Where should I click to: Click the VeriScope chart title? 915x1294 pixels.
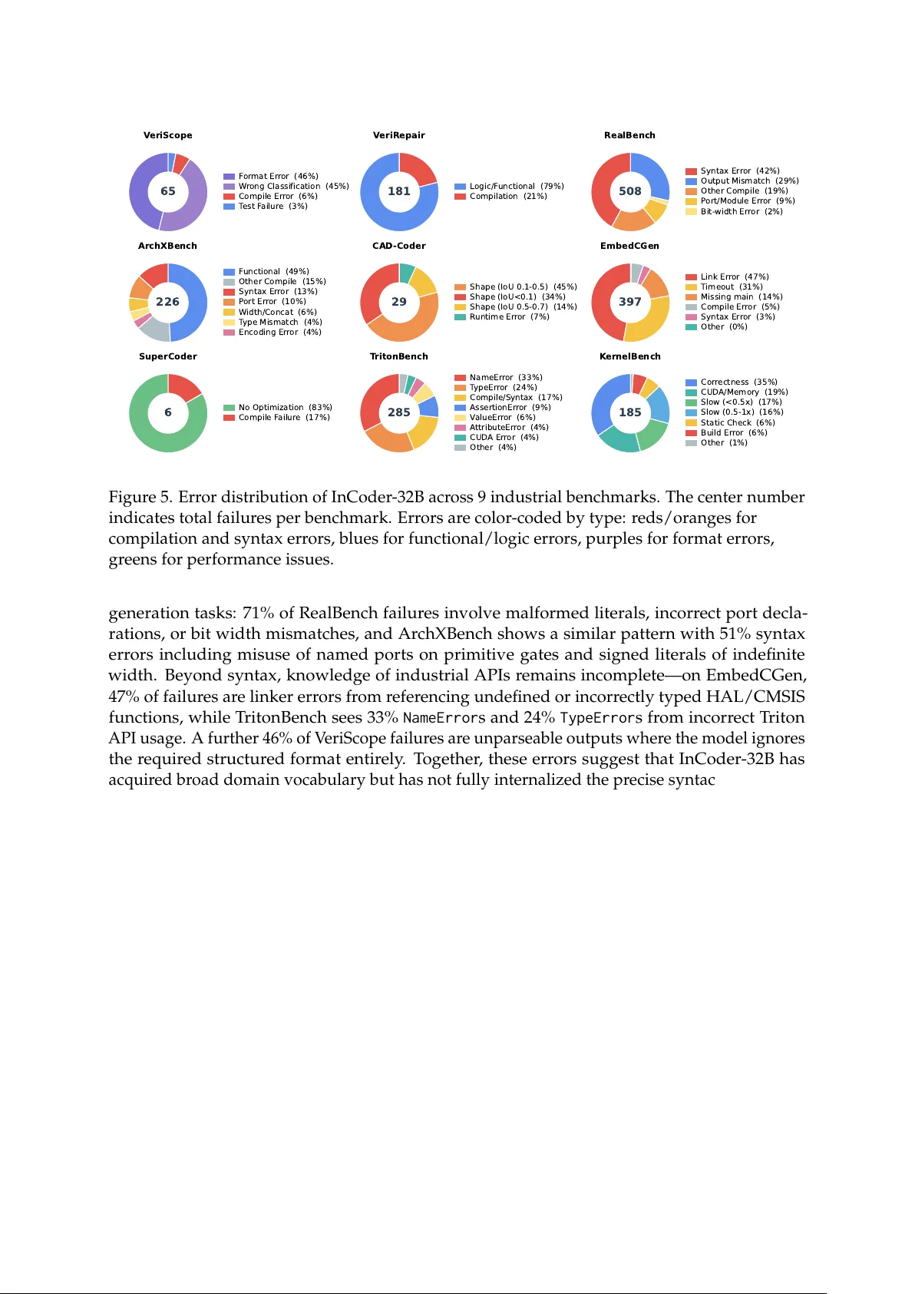[x=167, y=135]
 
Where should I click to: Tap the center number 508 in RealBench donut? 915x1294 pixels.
[x=629, y=191]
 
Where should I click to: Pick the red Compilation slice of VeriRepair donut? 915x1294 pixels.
[x=421, y=167]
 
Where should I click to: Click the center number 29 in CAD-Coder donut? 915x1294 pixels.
[x=398, y=302]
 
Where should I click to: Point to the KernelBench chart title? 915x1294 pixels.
[x=629, y=356]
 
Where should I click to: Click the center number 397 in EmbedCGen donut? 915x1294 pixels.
[x=629, y=302]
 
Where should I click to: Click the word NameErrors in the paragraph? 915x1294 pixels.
[x=444, y=718]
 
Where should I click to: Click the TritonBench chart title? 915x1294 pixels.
[x=398, y=356]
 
